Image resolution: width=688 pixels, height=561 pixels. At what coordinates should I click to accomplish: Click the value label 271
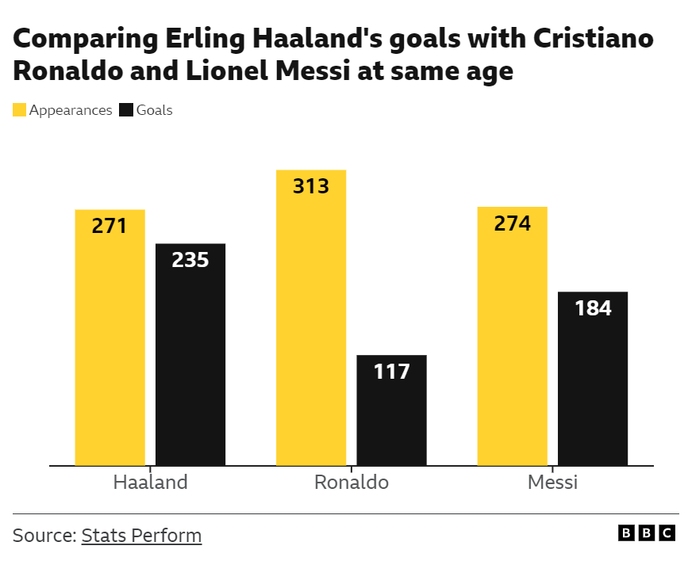[x=110, y=226]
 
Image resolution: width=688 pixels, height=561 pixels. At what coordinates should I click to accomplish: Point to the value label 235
[x=190, y=260]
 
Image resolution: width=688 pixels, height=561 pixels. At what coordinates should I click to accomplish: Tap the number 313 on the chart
[x=310, y=186]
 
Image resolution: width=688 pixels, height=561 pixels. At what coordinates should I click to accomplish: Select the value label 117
[x=391, y=371]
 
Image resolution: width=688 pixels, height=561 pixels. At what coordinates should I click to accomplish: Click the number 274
[x=512, y=223]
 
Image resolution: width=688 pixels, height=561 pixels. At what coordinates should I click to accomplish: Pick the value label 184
[x=593, y=308]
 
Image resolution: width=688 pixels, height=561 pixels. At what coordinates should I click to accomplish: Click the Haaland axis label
[x=150, y=483]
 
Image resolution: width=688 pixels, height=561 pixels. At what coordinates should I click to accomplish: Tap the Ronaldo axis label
[x=352, y=483]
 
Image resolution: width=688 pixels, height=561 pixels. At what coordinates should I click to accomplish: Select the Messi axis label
[x=553, y=483]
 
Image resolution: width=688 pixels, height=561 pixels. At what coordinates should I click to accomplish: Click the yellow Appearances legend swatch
[x=19, y=110]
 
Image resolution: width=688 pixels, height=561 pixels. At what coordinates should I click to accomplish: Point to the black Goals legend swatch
[x=125, y=110]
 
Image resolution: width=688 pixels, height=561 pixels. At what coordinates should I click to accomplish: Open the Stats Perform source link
[x=141, y=536]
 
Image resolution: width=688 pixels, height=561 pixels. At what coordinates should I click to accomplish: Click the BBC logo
[x=647, y=533]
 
